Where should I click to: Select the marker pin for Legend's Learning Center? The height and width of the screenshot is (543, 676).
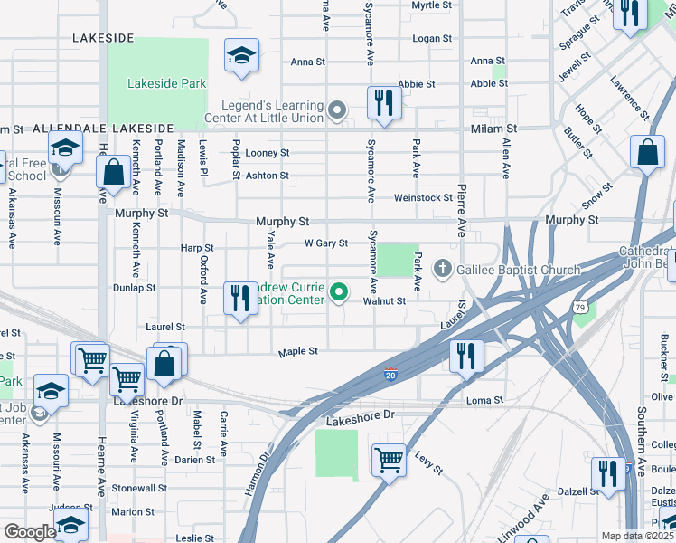[x=337, y=111]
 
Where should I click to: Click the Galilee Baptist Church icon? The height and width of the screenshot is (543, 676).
[x=443, y=268]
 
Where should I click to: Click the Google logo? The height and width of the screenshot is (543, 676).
[x=30, y=532]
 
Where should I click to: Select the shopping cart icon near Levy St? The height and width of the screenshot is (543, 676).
[x=389, y=460]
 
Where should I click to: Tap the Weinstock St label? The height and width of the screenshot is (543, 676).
[x=422, y=197]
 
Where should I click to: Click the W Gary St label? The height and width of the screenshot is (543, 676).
[x=325, y=243]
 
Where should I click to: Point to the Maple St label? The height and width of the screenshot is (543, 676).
[x=298, y=351]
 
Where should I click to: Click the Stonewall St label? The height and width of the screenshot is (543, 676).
[x=134, y=488]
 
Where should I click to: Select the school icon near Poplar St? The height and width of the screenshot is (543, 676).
[x=241, y=56]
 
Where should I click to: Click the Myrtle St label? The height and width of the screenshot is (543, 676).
[x=431, y=5]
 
